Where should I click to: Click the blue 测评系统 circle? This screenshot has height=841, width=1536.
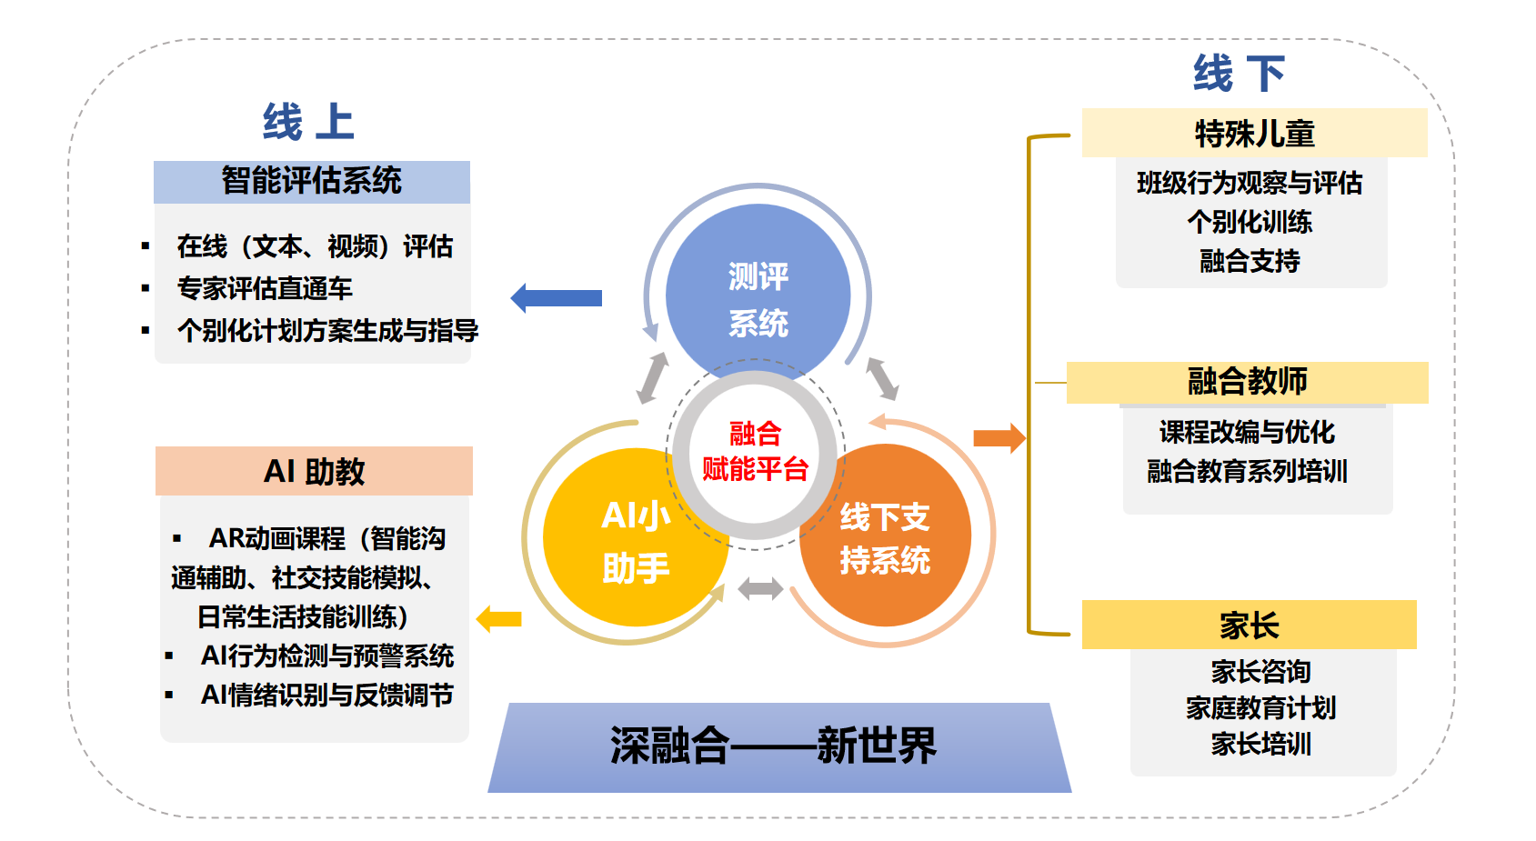click(x=758, y=291)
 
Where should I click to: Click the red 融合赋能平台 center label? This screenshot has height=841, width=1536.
click(x=755, y=451)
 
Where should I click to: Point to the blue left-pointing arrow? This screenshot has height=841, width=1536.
click(x=557, y=297)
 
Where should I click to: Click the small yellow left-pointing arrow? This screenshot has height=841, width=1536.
click(x=499, y=619)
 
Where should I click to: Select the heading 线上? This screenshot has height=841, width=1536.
click(x=308, y=122)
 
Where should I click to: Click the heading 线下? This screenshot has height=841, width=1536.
click(x=1240, y=74)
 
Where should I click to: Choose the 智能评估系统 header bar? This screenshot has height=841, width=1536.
click(x=312, y=181)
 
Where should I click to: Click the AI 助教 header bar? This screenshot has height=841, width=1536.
click(x=314, y=471)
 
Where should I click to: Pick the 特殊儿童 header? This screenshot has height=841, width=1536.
click(x=1254, y=134)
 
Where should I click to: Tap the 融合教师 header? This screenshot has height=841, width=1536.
click(x=1247, y=382)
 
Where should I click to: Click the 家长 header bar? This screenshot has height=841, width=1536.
click(x=1249, y=626)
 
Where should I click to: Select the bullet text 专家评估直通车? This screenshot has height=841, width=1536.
click(x=265, y=288)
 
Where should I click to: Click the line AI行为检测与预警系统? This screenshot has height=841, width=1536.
click(x=326, y=656)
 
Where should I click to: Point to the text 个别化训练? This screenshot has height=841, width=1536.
click(x=1250, y=222)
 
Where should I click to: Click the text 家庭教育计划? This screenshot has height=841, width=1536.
click(x=1260, y=708)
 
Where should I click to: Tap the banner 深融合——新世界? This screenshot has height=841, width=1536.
click(x=774, y=746)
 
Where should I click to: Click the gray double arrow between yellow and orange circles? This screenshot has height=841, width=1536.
click(x=760, y=589)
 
